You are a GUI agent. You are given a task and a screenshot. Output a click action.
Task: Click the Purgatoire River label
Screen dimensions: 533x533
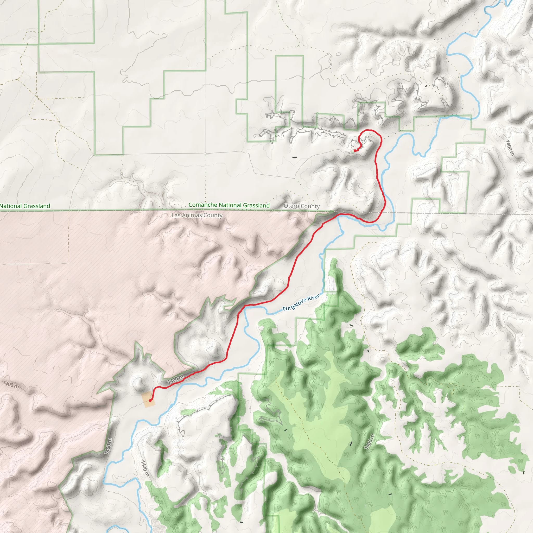[301, 302]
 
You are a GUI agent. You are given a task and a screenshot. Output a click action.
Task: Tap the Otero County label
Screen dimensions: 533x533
[302, 206]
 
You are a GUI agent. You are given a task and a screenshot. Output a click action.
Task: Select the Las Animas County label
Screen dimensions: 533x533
[197, 215]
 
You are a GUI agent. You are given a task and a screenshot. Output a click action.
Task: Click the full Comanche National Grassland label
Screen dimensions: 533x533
[229, 205]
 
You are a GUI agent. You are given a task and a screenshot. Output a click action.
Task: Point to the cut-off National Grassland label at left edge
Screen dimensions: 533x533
[25, 206]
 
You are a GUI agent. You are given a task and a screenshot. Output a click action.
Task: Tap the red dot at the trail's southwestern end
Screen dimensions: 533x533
[150, 400]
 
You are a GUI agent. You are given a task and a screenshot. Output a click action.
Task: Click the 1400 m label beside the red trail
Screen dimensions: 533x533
[175, 380]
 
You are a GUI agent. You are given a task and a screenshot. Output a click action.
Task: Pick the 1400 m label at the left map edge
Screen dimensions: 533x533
[11, 384]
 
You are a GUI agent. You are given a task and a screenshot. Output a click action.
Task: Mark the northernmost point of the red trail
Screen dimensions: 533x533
[369, 130]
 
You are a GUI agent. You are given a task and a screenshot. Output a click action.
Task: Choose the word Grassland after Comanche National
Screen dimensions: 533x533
[256, 205]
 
